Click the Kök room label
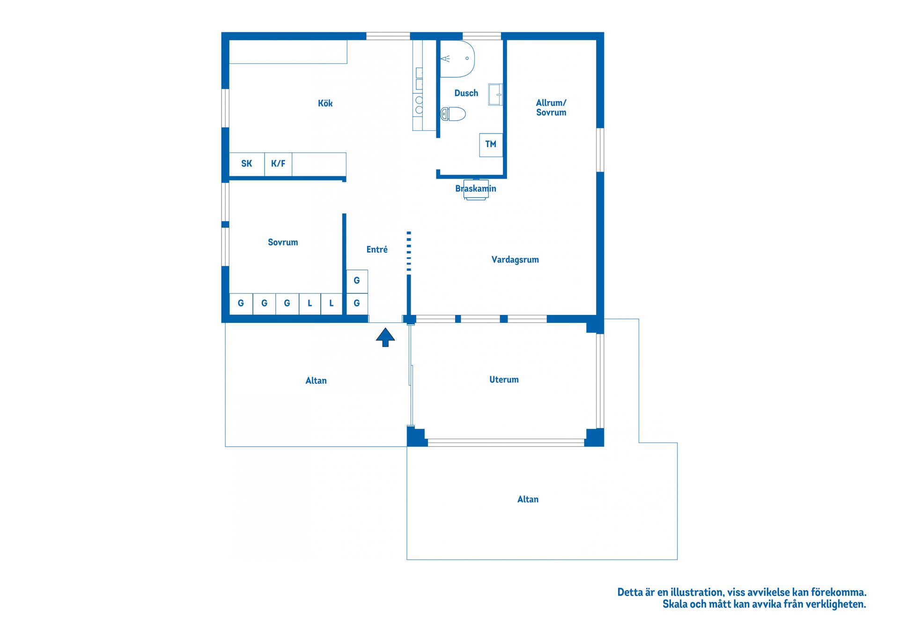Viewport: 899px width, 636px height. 325,103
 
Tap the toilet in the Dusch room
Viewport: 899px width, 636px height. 453,114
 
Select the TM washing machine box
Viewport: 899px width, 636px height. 491,145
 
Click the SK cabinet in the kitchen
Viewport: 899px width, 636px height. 247,164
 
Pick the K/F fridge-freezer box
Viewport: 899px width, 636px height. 278,164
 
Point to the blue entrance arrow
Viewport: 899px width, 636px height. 385,337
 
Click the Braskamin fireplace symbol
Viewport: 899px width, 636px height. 476,189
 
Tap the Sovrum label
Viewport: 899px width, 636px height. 283,242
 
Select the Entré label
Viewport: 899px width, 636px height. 377,249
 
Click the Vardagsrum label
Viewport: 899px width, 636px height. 515,260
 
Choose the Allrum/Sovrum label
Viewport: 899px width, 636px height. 551,107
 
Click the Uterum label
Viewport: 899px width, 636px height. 504,380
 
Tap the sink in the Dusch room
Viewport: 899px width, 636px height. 495,95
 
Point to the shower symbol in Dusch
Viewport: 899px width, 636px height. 457,59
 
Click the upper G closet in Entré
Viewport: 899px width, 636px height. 357,281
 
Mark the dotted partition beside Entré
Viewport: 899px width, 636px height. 409,251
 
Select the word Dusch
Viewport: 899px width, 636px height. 466,93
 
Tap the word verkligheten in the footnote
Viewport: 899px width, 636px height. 838,605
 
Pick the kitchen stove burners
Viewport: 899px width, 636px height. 419,105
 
